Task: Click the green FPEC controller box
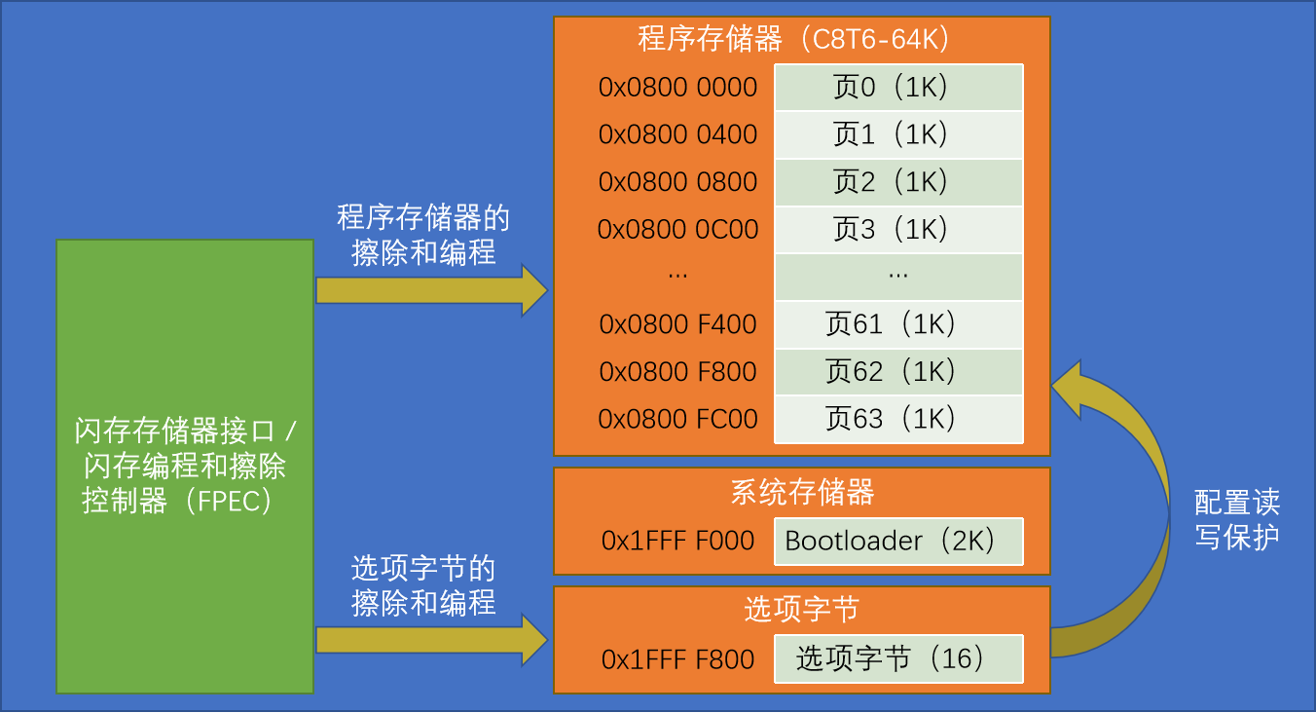pyautogui.click(x=185, y=467)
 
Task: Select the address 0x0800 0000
pyautogui.click(x=677, y=88)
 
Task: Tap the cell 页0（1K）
pyautogui.click(x=897, y=88)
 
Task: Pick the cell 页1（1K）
pyautogui.click(x=897, y=134)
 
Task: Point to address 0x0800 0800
pyautogui.click(x=677, y=182)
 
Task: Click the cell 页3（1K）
pyautogui.click(x=897, y=230)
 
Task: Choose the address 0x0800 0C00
pyautogui.click(x=677, y=230)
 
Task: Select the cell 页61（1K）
pyautogui.click(x=897, y=324)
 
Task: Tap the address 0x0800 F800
pyautogui.click(x=677, y=372)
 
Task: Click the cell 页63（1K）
pyautogui.click(x=897, y=419)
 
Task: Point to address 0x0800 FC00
pyautogui.click(x=677, y=419)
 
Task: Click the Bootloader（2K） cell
pyautogui.click(x=897, y=542)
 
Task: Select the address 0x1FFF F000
pyautogui.click(x=677, y=542)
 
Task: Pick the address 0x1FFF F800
pyautogui.click(x=677, y=659)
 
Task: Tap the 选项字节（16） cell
pyautogui.click(x=897, y=659)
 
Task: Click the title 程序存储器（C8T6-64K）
pyautogui.click(x=800, y=39)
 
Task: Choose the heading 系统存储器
pyautogui.click(x=801, y=492)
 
